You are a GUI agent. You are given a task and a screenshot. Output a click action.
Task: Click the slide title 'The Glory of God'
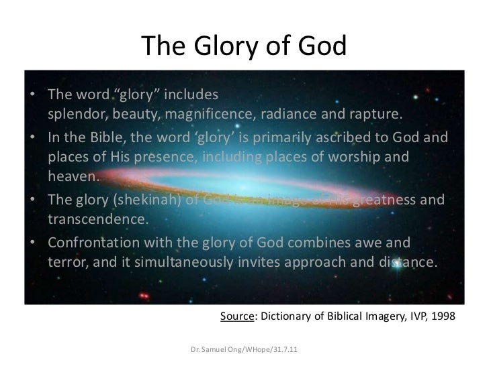[244, 46]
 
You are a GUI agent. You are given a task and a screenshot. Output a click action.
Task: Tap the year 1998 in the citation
[441, 317]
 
